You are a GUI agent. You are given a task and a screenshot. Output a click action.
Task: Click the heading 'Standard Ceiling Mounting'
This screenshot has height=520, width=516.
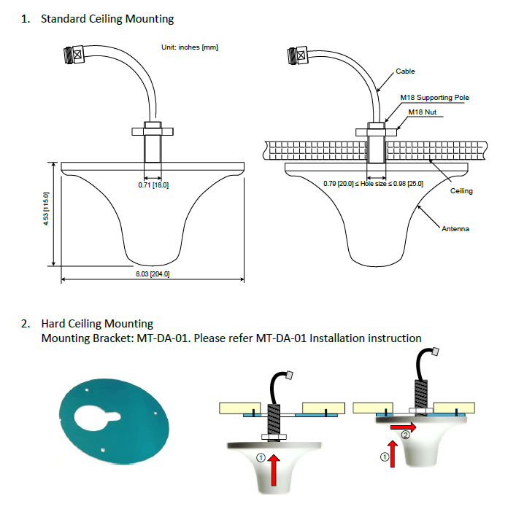tap(107, 19)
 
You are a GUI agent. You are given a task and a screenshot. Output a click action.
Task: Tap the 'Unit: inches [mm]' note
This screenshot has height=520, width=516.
tap(190, 47)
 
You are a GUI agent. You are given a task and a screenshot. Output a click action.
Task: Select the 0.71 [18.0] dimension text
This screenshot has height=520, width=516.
tap(153, 185)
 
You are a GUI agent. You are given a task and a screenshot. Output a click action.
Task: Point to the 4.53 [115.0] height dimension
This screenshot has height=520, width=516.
tap(46, 209)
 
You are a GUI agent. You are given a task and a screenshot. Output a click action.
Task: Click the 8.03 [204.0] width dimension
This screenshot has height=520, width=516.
tap(153, 274)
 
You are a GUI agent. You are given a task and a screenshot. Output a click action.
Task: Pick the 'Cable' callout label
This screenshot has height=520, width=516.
tap(405, 71)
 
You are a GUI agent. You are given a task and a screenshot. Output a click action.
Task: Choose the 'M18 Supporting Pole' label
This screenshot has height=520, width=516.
tap(435, 98)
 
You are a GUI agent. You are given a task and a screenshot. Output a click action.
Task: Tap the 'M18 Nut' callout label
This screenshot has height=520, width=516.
tap(422, 112)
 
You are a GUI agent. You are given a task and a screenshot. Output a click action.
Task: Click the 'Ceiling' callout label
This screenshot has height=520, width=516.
tap(461, 190)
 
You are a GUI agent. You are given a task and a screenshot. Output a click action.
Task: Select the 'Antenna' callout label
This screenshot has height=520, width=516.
tap(455, 229)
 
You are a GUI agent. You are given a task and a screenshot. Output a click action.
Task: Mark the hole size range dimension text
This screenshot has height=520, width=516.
tap(373, 184)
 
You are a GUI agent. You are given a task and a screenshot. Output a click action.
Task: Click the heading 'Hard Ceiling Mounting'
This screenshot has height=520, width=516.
tap(97, 324)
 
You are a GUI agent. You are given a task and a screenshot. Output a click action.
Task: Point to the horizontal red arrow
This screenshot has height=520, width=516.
tap(403, 427)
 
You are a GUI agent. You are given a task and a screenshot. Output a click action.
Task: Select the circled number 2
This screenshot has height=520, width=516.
tap(405, 435)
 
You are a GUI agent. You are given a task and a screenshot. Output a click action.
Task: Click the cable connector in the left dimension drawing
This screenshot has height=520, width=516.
tap(75, 55)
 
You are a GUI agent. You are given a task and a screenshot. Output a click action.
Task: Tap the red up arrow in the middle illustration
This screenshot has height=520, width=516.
tap(274, 470)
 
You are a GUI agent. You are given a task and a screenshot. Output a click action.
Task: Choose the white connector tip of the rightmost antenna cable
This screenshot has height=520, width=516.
tap(435, 352)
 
